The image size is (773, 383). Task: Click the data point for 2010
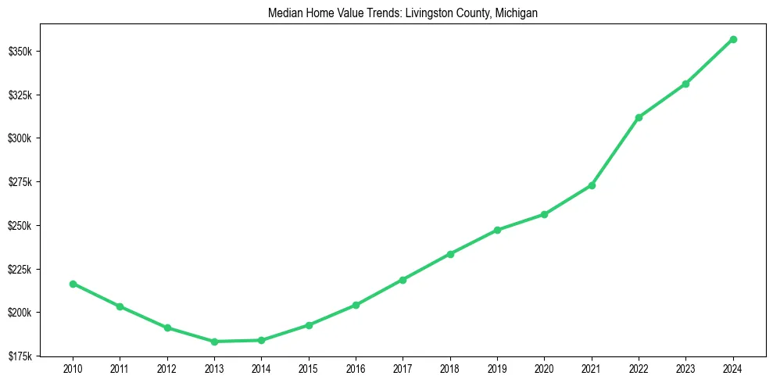point(73,284)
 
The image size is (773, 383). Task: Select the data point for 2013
point(214,342)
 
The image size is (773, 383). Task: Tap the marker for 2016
point(356,305)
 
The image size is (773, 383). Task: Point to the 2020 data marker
point(544,214)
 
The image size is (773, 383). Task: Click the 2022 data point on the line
point(639,117)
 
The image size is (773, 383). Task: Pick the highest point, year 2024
point(733,39)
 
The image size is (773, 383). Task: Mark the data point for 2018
point(450,254)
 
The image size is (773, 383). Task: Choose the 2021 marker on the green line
point(592,185)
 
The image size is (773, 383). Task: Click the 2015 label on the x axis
point(309,368)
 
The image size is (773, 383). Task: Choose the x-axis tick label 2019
point(497,368)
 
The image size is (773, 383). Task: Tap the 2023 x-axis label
point(685,368)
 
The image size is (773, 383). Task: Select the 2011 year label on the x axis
point(120,368)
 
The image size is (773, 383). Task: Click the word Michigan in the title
point(516,14)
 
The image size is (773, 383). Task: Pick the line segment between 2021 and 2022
point(615,152)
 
